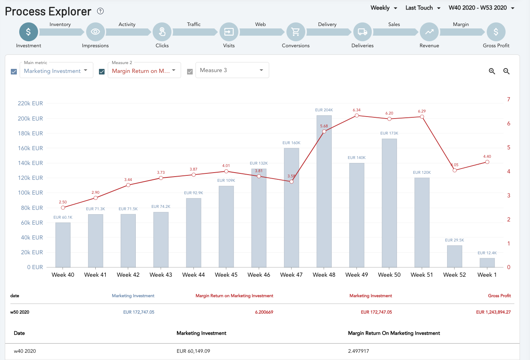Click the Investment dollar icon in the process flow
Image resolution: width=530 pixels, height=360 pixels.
(28, 32)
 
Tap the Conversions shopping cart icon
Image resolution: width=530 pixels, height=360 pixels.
(296, 32)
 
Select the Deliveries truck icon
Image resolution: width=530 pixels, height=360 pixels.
(363, 32)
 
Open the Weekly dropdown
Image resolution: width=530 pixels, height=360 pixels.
(384, 8)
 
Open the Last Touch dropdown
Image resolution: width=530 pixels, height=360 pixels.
(423, 8)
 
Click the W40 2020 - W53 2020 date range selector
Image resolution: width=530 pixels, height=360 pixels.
(482, 8)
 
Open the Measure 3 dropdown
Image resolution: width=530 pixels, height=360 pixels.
(232, 70)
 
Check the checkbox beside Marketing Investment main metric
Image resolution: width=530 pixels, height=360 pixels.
(14, 72)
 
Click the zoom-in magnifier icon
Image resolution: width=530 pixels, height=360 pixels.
(492, 71)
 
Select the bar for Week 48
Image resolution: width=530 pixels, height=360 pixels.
(324, 191)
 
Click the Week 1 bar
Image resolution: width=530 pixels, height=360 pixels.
(487, 263)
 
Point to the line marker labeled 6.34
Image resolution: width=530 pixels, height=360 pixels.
(357, 116)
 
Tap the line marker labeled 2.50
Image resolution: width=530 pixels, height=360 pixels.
(63, 208)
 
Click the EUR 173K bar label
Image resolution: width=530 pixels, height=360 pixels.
(389, 133)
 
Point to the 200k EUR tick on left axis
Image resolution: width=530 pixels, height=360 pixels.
(30, 119)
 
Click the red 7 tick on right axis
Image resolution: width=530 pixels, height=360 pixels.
(508, 99)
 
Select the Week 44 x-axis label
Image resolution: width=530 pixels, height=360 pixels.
(193, 275)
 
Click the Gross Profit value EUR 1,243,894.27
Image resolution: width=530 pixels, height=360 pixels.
(493, 312)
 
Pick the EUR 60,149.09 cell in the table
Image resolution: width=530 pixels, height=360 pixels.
(193, 351)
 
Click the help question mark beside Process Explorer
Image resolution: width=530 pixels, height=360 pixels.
(100, 11)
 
